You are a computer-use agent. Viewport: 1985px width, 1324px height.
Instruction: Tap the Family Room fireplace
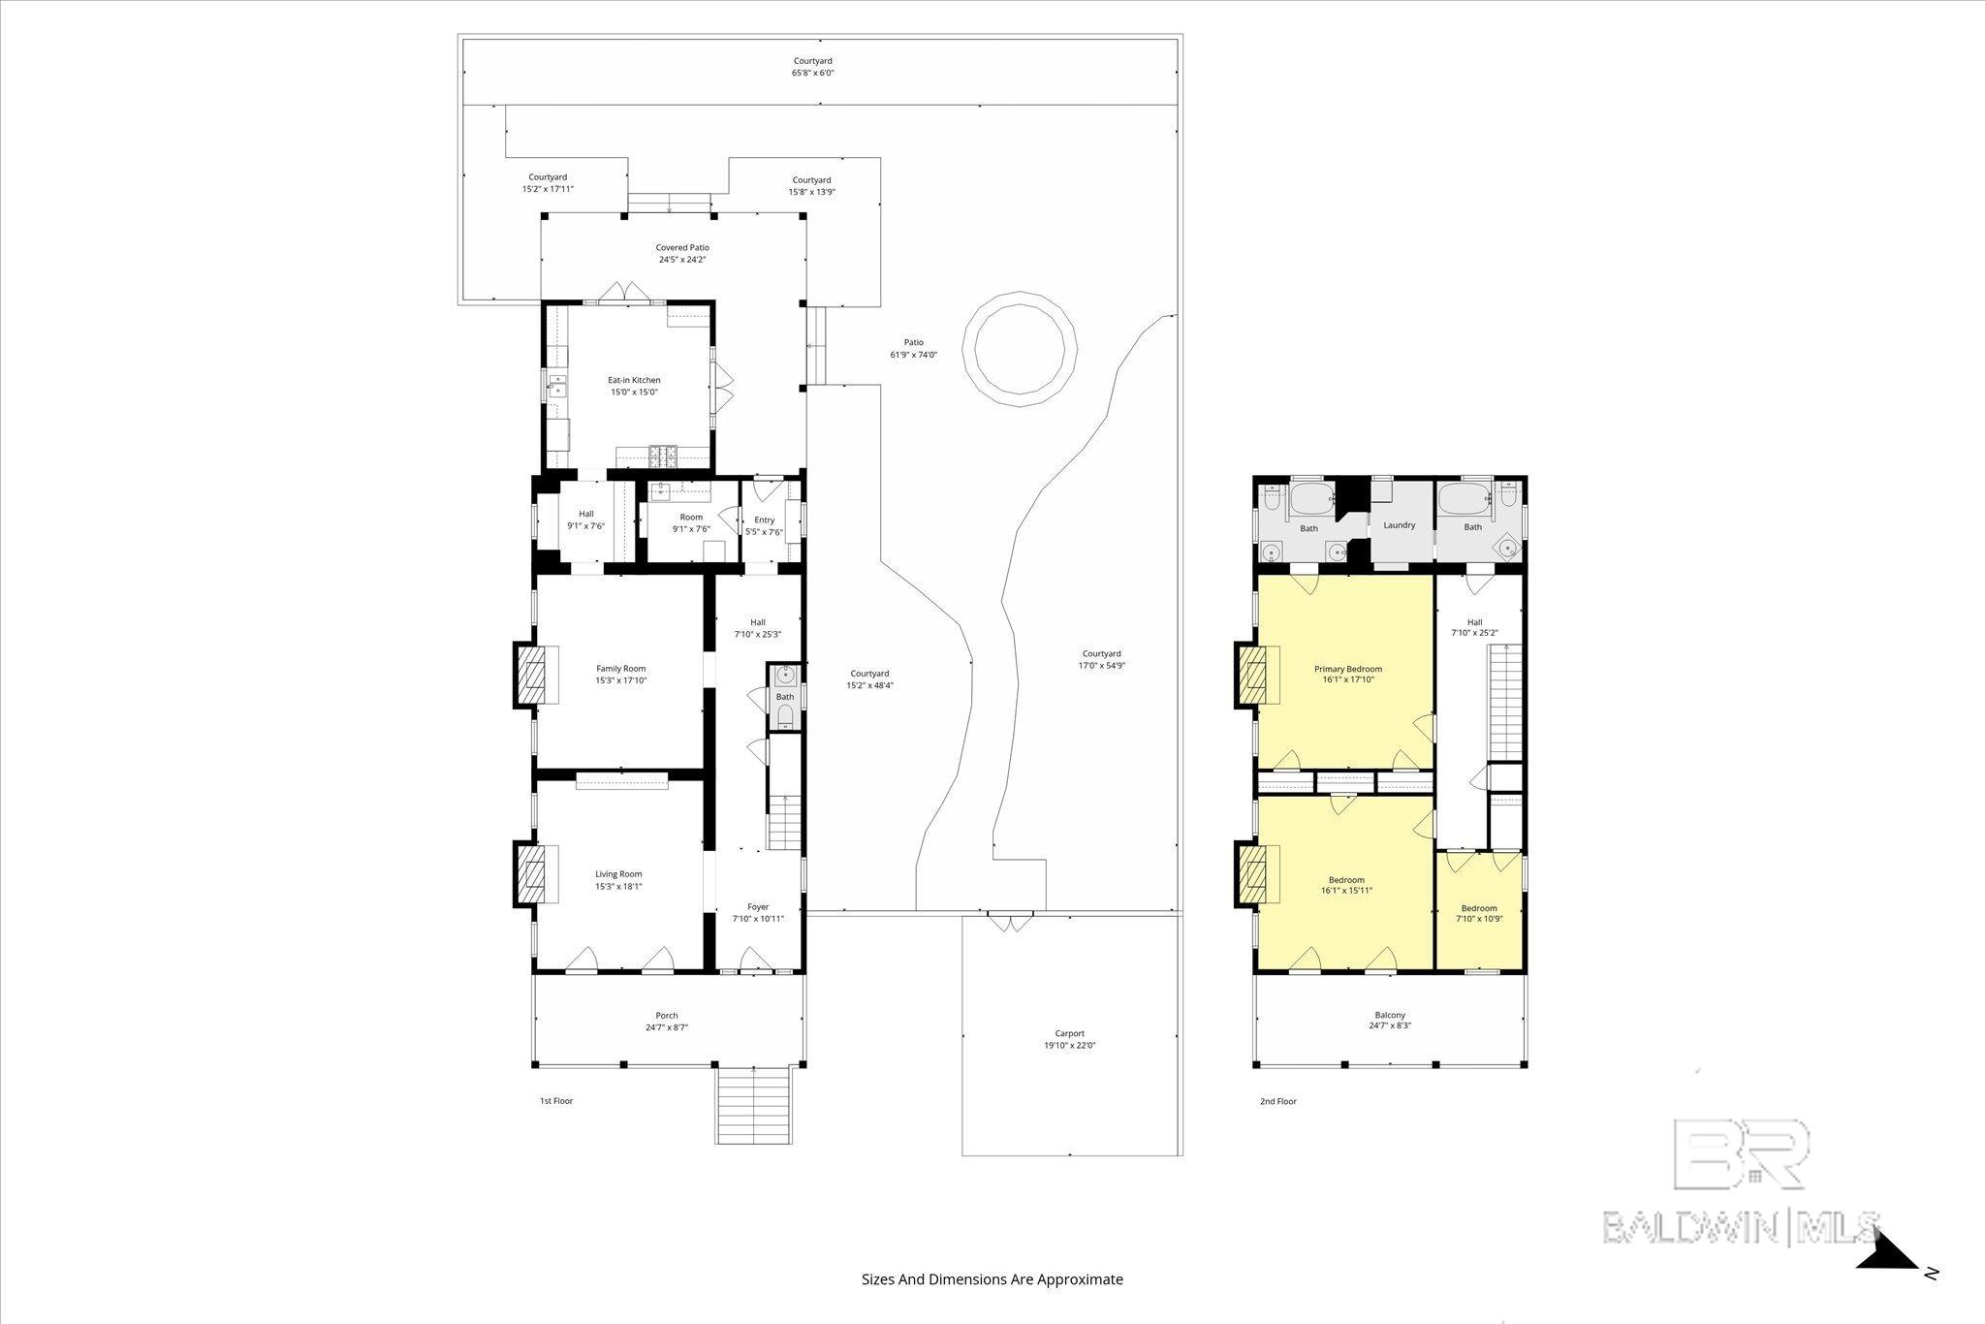pyautogui.click(x=531, y=675)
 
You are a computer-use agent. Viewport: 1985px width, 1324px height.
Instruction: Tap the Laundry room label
pyautogui.click(x=1399, y=525)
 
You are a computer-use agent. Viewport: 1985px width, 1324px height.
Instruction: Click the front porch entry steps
pyautogui.click(x=754, y=1105)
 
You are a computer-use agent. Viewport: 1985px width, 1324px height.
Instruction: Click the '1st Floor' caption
pyautogui.click(x=556, y=1101)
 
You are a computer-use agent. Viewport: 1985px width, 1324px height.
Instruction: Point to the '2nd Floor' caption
pyautogui.click(x=1277, y=1101)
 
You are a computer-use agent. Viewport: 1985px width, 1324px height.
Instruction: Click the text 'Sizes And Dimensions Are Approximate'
pyautogui.click(x=992, y=1279)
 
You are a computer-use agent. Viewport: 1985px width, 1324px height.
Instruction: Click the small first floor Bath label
pyautogui.click(x=784, y=697)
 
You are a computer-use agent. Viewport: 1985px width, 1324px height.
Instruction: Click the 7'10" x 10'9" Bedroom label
pyautogui.click(x=1479, y=914)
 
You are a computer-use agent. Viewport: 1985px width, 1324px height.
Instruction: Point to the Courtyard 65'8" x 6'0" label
pyautogui.click(x=813, y=67)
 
